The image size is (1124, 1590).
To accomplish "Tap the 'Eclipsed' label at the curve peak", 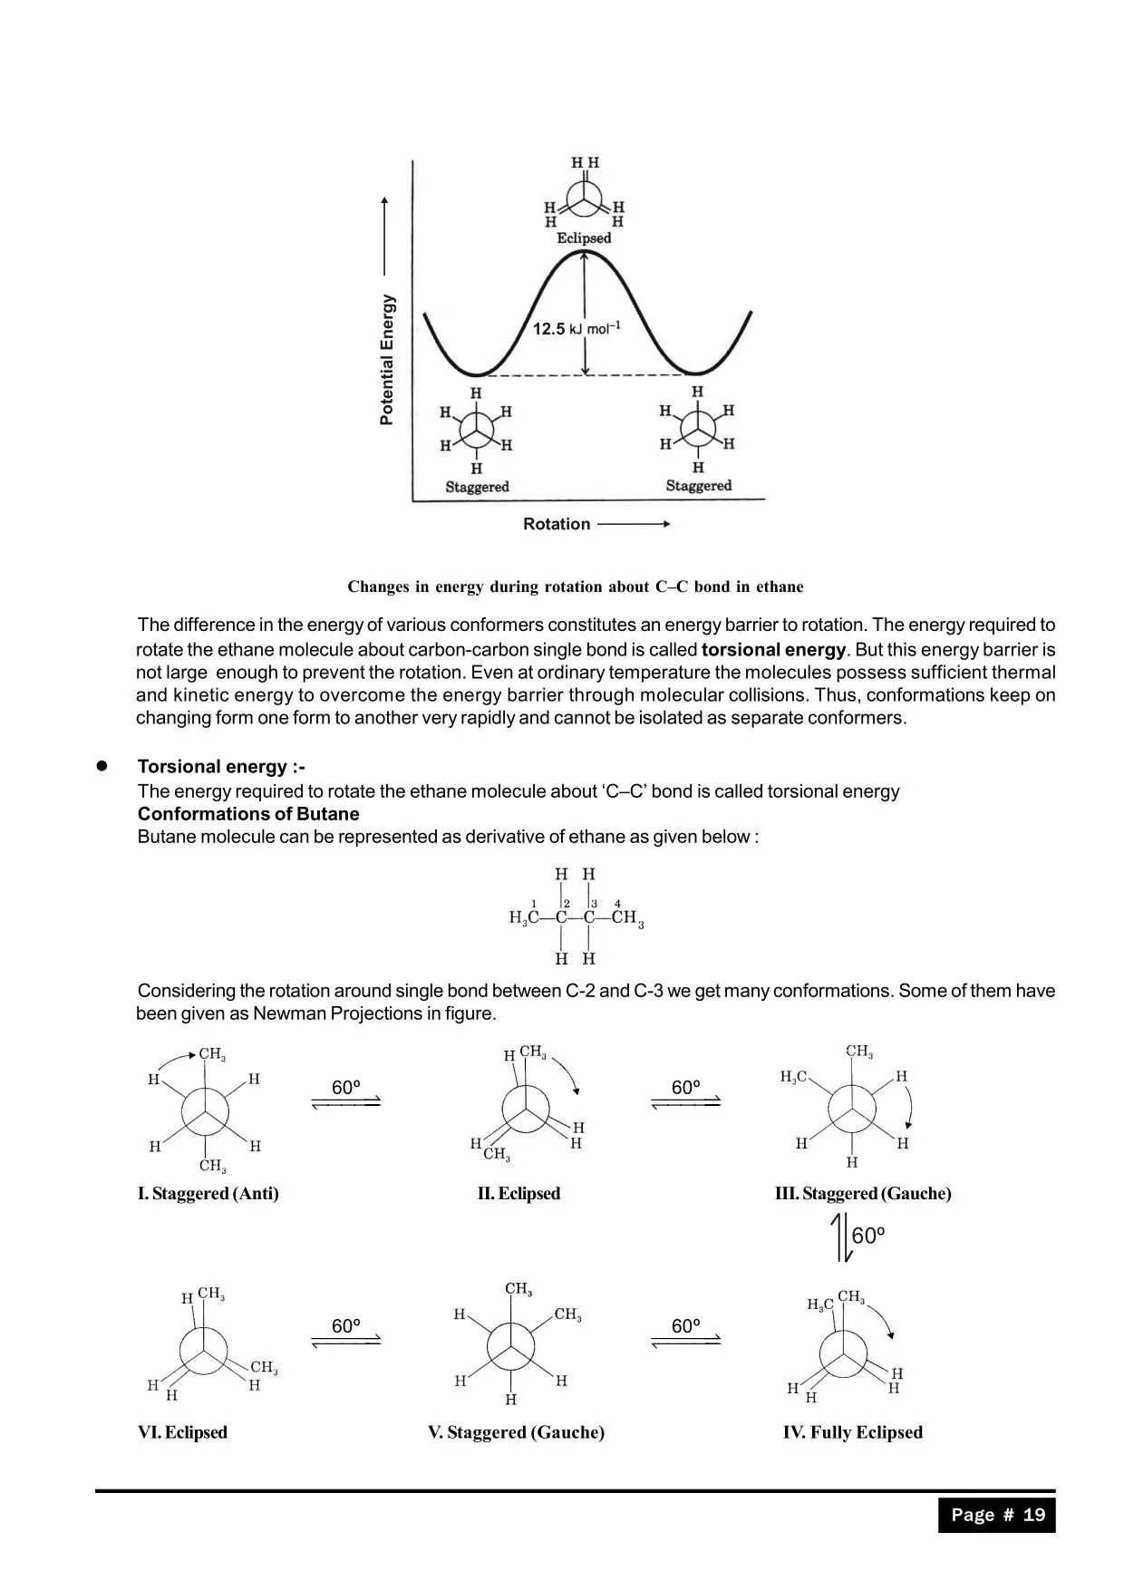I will [x=584, y=238].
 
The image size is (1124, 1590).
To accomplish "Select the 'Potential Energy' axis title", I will [x=388, y=360].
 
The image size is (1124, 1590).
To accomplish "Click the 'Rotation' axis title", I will [x=557, y=524].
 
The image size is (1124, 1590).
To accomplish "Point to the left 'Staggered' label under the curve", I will [x=477, y=487].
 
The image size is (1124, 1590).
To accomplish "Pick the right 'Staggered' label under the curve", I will [x=698, y=486].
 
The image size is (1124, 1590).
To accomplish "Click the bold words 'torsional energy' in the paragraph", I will [x=773, y=650].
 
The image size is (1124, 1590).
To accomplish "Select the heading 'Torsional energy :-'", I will [x=221, y=767].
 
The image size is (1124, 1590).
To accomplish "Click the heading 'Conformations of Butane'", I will [x=248, y=814].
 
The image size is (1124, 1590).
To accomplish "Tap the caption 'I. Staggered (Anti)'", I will [x=208, y=1194].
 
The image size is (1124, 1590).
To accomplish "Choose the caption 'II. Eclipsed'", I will [x=518, y=1194].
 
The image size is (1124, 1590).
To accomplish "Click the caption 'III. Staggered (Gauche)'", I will [x=863, y=1194].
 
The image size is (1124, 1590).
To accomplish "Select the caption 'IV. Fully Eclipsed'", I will [x=853, y=1433].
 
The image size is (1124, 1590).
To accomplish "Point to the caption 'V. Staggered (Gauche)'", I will [x=516, y=1433].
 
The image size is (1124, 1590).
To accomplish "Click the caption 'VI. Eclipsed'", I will [x=182, y=1433].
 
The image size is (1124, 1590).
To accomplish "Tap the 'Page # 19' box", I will [x=997, y=1515].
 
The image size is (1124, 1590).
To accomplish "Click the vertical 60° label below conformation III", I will [x=867, y=1236].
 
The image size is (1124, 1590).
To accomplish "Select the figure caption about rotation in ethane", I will [x=576, y=587].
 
